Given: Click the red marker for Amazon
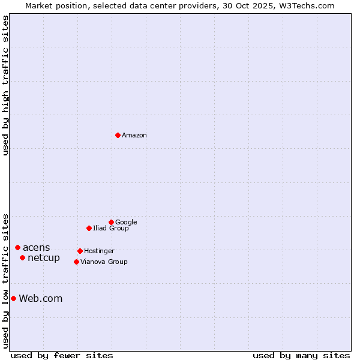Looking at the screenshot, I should pos(118,135).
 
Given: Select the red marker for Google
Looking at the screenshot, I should pos(111,222).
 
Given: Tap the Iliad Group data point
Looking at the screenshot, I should pos(89,228).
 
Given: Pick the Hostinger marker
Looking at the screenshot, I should pos(80,251).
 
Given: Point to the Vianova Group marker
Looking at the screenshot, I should pos(76,262).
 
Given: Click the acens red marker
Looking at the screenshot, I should pos(17,247).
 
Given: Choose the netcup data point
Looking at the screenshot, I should pos(22,257).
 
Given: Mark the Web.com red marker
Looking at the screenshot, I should pos(13,298).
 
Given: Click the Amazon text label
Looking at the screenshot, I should pos(134,136).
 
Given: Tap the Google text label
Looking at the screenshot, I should pos(126,223).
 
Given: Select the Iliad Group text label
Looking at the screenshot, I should pos(111,229).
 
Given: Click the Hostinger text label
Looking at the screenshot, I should pos(99,251).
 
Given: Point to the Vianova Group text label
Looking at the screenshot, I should pos(104,262).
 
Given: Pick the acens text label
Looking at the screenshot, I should pos(37,248).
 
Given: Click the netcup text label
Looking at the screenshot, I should pos(44,258).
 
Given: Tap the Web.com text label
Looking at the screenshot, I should pos(41,299).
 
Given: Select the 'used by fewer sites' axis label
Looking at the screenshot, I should pos(62,355).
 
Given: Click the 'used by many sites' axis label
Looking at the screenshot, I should pos(301,355).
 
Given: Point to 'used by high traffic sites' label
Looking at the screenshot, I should pos(5,85).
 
